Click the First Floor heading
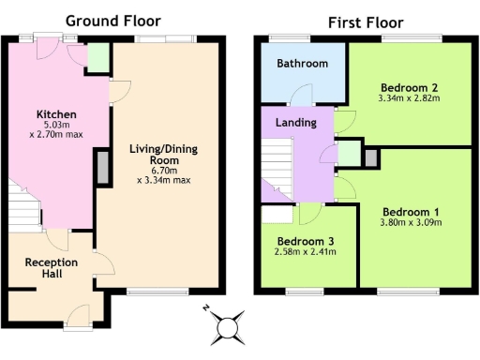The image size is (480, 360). (x=365, y=22)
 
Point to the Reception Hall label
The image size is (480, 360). (x=51, y=268)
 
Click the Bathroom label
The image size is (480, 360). (x=303, y=64)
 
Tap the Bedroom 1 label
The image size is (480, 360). (x=411, y=211)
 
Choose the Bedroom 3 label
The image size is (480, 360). (x=305, y=239)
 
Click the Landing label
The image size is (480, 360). (x=295, y=123)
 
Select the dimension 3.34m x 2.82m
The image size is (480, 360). (x=409, y=97)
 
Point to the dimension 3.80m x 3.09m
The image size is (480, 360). (x=411, y=223)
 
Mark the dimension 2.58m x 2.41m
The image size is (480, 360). (x=305, y=251)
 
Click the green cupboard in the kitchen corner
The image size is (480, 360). (x=97, y=59)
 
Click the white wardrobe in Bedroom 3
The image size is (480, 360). (x=277, y=214)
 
